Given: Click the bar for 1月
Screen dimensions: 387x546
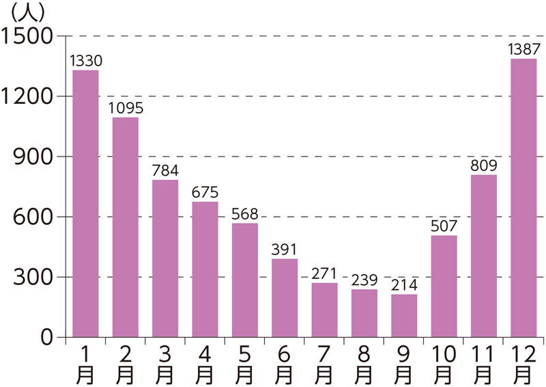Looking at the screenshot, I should (85, 204).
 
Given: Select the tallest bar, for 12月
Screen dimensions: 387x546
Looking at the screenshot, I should (523, 198).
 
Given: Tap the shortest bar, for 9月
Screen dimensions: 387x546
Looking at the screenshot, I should (404, 316).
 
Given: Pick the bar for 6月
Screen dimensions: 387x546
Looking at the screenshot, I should (285, 298).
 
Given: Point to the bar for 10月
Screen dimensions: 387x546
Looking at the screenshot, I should (444, 286).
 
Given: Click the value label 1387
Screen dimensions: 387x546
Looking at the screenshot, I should (523, 49).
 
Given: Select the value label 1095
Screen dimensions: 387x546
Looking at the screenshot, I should (125, 108).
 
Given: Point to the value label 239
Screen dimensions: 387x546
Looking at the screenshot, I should (364, 280).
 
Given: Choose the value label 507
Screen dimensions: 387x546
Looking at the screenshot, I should (444, 226).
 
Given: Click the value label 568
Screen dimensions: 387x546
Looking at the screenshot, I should (244, 214).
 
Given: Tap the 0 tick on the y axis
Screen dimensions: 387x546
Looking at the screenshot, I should (46, 337).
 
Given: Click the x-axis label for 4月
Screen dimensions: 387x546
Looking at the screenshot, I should (205, 364).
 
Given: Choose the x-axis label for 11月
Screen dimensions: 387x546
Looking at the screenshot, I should (483, 364).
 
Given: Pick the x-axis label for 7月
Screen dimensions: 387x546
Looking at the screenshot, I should (324, 364).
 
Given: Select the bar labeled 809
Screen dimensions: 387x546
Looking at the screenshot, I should (483, 256).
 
